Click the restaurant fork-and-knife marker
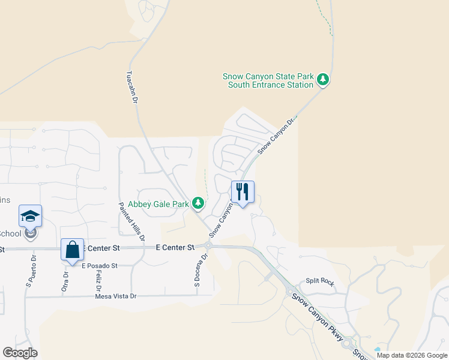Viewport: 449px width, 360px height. pyautogui.click(x=243, y=192)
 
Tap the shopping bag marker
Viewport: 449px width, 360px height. pyautogui.click(x=72, y=250)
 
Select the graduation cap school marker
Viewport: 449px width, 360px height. pyautogui.click(x=31, y=217)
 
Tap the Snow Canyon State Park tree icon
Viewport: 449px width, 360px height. pyautogui.click(x=323, y=79)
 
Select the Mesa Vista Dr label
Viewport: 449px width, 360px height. pyautogui.click(x=116, y=296)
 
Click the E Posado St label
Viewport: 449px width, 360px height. pyautogui.click(x=99, y=265)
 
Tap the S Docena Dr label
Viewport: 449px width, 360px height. pyautogui.click(x=200, y=272)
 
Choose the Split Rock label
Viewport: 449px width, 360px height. pyautogui.click(x=319, y=281)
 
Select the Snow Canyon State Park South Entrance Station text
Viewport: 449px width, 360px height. pyautogui.click(x=268, y=80)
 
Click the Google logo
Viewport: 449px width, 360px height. pyautogui.click(x=20, y=353)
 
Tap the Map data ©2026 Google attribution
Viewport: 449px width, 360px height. pyautogui.click(x=411, y=355)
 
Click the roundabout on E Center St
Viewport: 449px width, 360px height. pyautogui.click(x=208, y=245)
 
